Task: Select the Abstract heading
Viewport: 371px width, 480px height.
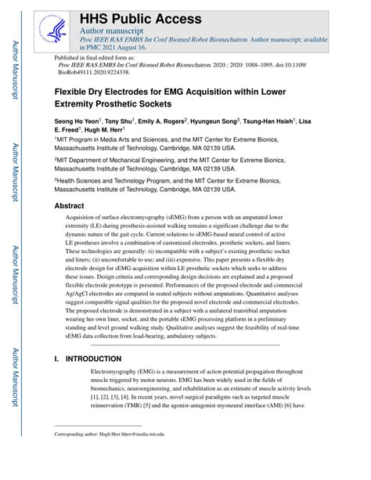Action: [69, 206]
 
